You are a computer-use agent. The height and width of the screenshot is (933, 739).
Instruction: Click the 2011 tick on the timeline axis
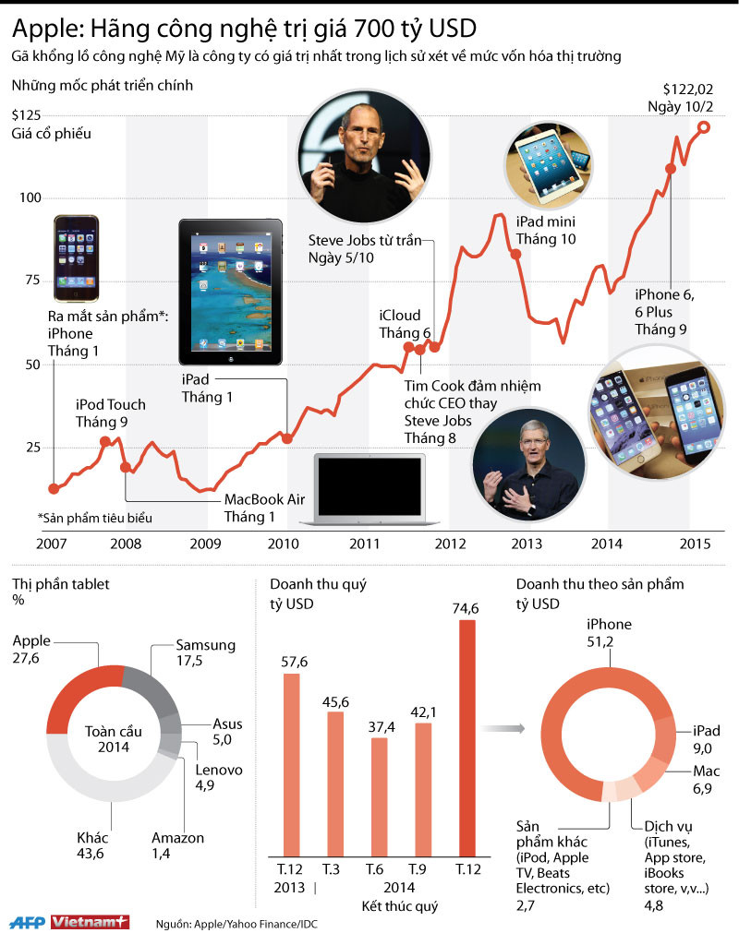point(366,543)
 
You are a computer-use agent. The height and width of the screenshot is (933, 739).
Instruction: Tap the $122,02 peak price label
point(685,98)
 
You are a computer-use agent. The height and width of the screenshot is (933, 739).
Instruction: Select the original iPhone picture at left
point(76,257)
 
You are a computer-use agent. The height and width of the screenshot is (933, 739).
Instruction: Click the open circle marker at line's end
point(704,127)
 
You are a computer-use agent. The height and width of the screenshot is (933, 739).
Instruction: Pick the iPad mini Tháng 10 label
point(546,231)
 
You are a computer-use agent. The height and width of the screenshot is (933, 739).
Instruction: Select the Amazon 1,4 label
point(177,845)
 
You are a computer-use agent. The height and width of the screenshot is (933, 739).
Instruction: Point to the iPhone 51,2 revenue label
point(610,632)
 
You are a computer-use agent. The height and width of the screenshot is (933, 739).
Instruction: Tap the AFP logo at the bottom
point(27,921)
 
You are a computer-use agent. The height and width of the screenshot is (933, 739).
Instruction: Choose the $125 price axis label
point(26,115)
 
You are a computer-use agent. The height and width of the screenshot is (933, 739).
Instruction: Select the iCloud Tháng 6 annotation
point(405,323)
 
